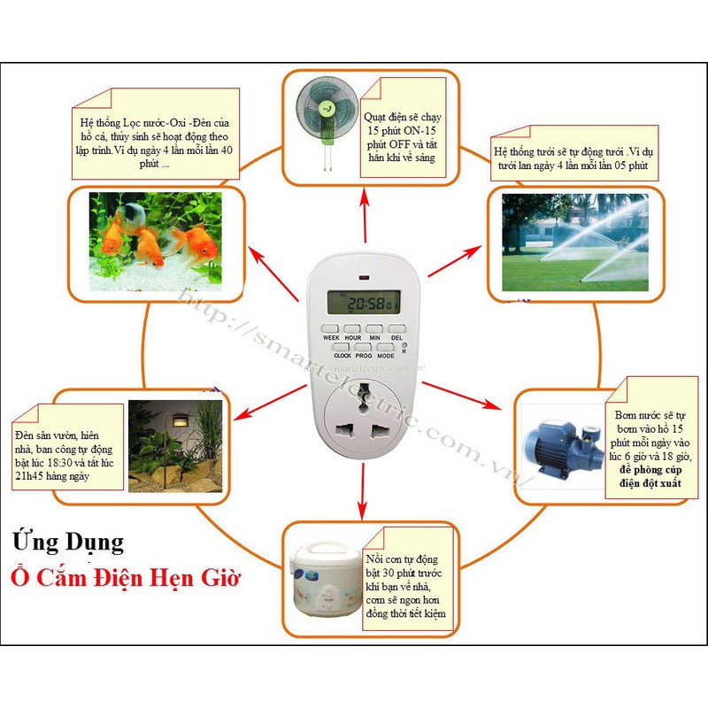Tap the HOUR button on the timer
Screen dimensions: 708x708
tap(352, 328)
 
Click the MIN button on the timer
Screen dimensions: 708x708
tap(374, 328)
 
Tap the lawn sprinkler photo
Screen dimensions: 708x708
tap(575, 242)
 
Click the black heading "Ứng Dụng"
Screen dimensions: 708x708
tap(68, 541)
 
